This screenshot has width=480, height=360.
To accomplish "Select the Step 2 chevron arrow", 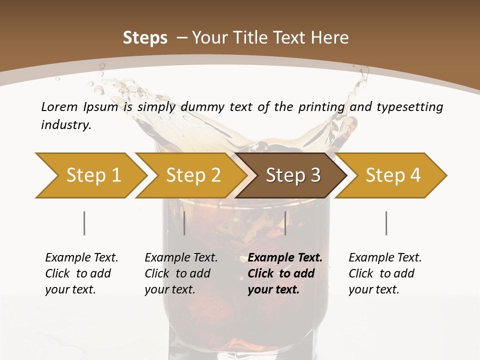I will tap(193, 175).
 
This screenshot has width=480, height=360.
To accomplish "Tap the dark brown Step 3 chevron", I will tap(293, 175).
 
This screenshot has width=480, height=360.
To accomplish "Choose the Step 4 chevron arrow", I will tap(393, 175).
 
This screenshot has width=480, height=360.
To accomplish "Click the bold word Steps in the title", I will tap(145, 38).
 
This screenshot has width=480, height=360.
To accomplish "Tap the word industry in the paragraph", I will tap(65, 125).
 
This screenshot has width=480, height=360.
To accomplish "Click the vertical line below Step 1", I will tap(84, 223).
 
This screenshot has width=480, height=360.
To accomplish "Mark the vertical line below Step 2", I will tap(184, 223).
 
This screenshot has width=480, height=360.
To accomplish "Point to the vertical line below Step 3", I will tap(285, 223).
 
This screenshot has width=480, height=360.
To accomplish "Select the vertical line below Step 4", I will tap(386, 223).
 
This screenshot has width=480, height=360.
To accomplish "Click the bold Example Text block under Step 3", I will tap(284, 273).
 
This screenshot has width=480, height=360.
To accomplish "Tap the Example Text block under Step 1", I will tap(81, 273).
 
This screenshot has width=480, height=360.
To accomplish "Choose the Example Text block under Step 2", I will tap(181, 273).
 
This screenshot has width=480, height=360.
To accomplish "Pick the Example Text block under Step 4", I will tap(385, 273).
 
